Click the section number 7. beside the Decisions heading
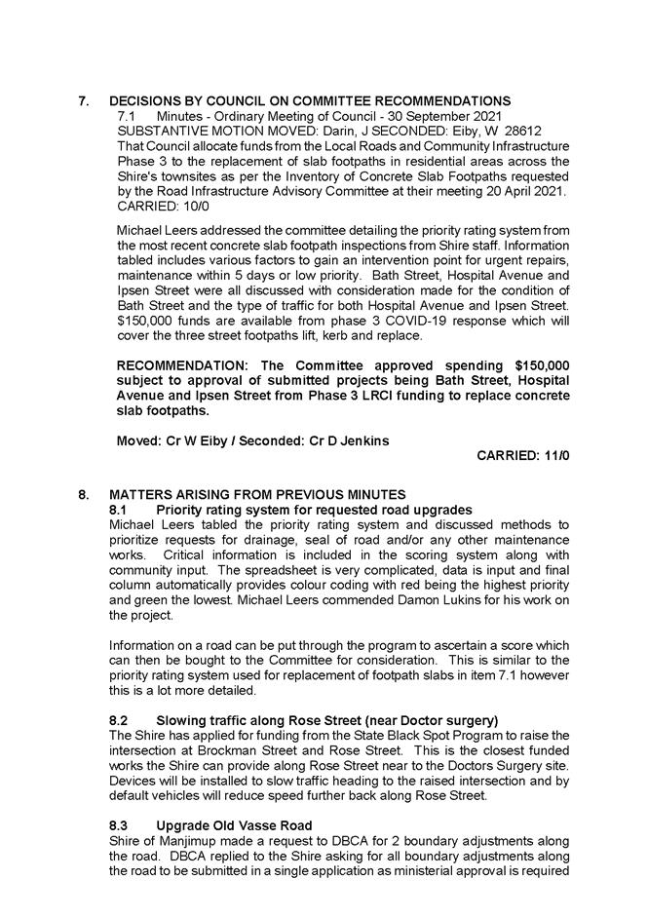pos(84,101)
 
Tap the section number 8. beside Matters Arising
pos(84,495)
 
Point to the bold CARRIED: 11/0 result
pos(522,455)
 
